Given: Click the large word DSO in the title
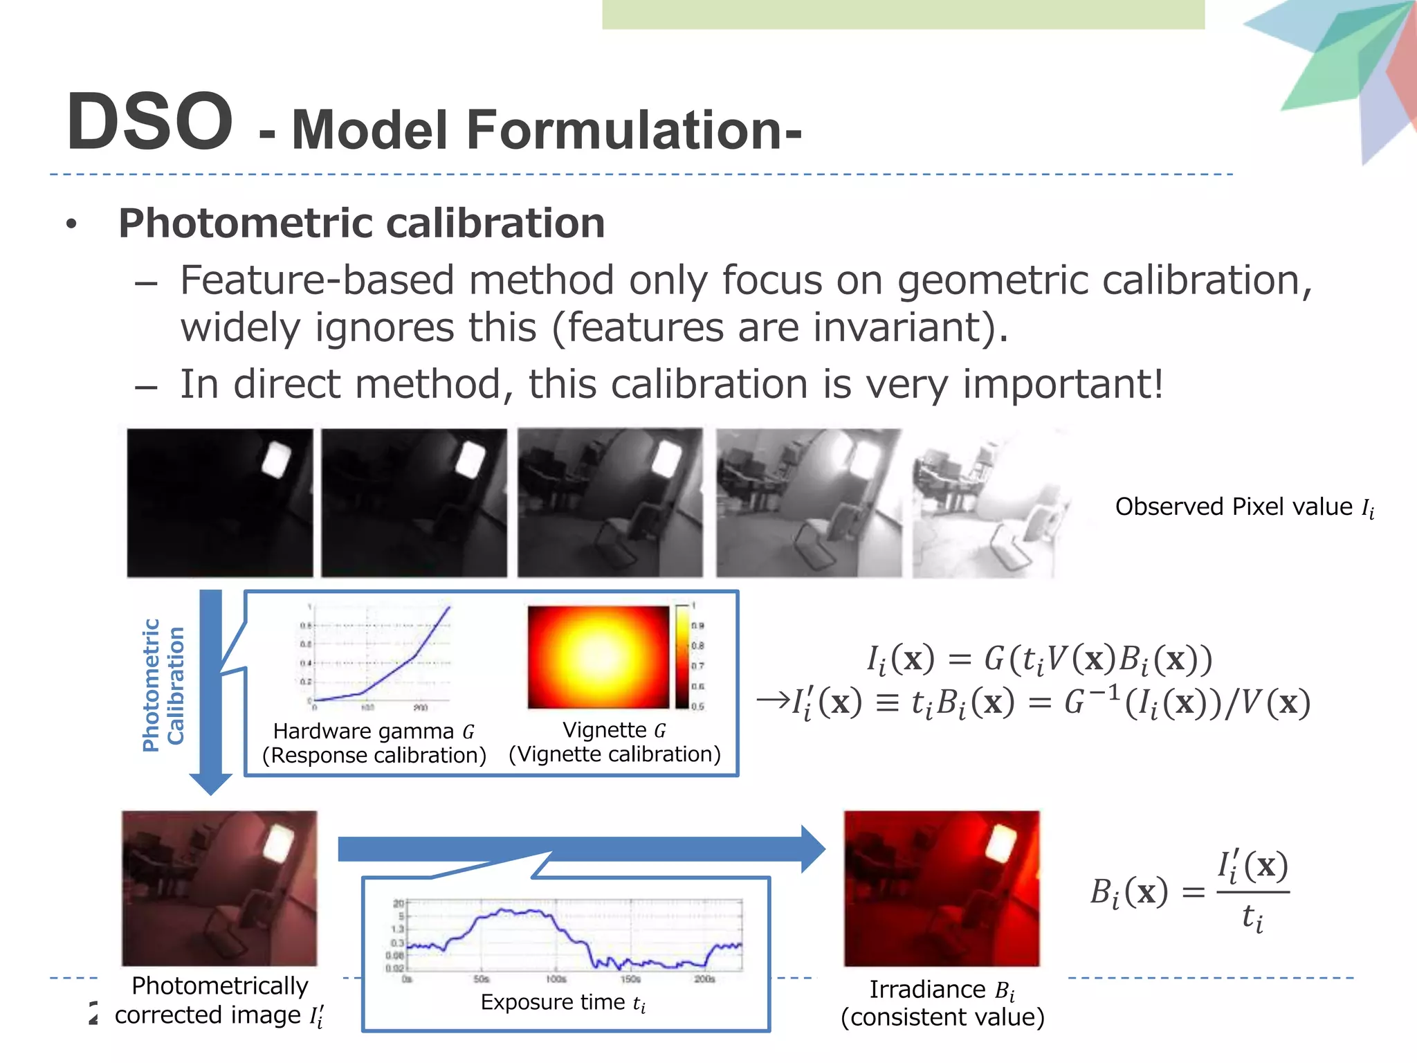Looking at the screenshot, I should click(x=149, y=122).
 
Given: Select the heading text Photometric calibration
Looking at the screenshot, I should click(x=361, y=224).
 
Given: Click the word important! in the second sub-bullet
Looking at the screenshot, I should click(x=1063, y=384).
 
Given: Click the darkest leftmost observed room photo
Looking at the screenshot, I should click(x=219, y=502).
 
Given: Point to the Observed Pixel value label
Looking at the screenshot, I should click(x=1243, y=507).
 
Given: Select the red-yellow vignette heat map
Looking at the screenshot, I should click(x=598, y=657).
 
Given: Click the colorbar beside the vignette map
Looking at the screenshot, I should click(x=682, y=656).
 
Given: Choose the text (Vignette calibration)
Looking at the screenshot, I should click(x=614, y=754).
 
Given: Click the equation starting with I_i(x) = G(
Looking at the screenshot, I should click(x=1039, y=659).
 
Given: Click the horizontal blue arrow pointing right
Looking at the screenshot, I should click(x=581, y=849).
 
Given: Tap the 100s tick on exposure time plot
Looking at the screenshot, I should click(x=556, y=979).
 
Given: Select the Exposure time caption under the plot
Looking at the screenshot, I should click(x=563, y=1003).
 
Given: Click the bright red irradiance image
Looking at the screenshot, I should click(x=941, y=889).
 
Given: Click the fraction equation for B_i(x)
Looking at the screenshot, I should click(x=1189, y=892).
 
